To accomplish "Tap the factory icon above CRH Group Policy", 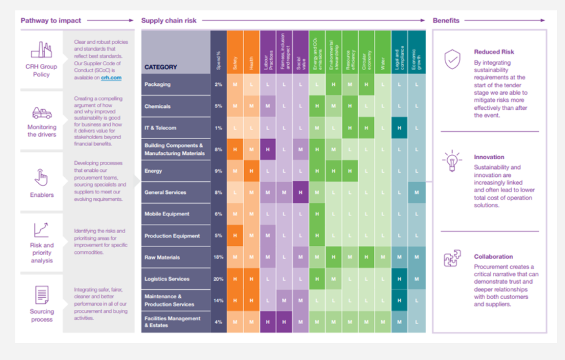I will tap(41, 49).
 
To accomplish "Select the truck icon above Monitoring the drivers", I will tap(41, 113).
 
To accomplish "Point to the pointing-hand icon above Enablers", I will tap(41, 177).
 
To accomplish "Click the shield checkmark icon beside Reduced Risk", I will tap(452, 60).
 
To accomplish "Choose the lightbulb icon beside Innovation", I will tap(452, 161).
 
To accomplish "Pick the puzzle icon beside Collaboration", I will tap(452, 259).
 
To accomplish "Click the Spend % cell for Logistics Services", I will tap(218, 279).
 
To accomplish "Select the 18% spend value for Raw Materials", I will tap(218, 257).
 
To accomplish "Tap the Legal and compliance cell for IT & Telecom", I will tap(399, 128).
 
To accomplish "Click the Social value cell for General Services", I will tap(300, 193).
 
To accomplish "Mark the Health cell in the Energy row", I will tap(251, 171).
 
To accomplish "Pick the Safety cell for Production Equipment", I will tap(235, 236).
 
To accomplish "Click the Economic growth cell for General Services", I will tap(416, 193).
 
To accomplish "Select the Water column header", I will tap(383, 52).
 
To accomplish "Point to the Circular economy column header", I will tap(366, 52).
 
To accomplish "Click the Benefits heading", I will tap(446, 21).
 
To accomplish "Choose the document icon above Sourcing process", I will tap(41, 295).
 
